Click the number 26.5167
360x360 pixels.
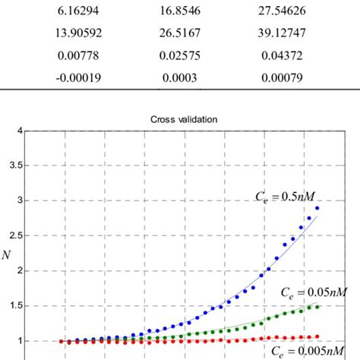point(180,33)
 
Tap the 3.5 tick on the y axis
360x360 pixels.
point(13,166)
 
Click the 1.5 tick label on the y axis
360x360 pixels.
point(13,306)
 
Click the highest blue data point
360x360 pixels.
point(317,208)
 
